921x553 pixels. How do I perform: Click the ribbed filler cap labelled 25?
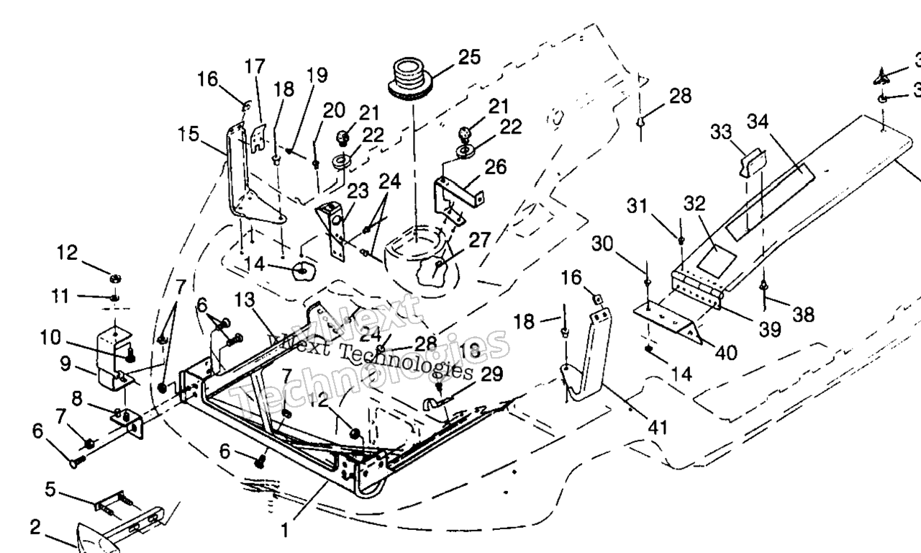pyautogui.click(x=410, y=78)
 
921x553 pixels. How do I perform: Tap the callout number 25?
pyautogui.click(x=469, y=58)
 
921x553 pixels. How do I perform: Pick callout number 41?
pyautogui.click(x=657, y=427)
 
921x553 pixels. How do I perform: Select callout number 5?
pyautogui.click(x=50, y=490)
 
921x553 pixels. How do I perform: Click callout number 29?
pyautogui.click(x=492, y=374)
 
